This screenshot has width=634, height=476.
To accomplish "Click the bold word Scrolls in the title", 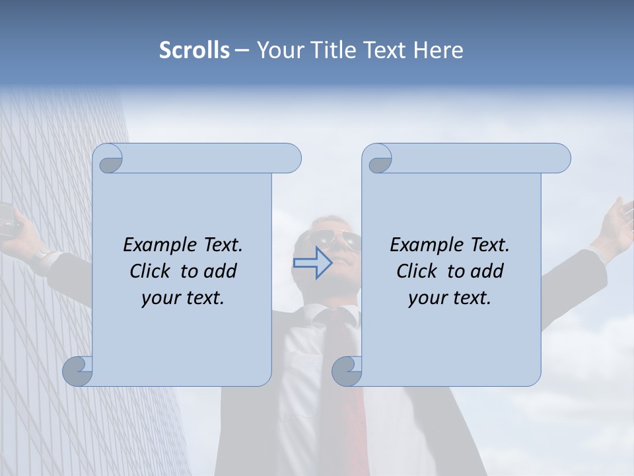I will click(194, 50).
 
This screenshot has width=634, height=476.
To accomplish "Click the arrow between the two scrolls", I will click(313, 263).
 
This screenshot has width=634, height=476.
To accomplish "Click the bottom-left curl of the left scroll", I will click(78, 370).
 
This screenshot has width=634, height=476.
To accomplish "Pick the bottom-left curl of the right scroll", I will click(347, 370).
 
